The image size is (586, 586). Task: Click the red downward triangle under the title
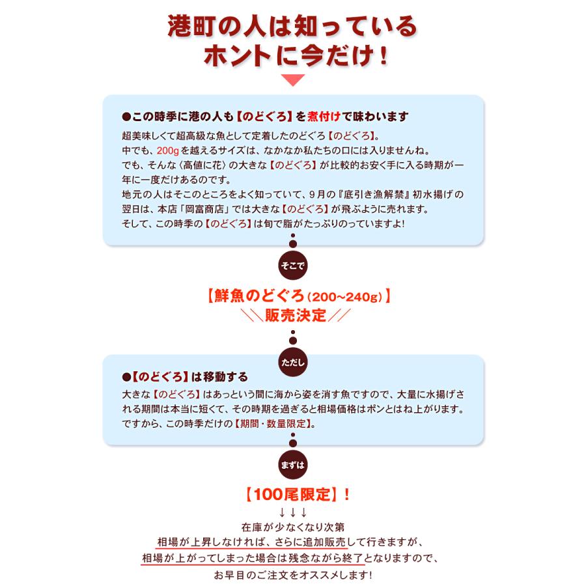click(292, 81)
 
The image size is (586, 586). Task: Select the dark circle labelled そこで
click(292, 266)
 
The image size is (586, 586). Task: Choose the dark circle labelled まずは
click(292, 465)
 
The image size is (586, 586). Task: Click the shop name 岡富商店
click(209, 210)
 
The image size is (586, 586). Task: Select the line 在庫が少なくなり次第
click(292, 525)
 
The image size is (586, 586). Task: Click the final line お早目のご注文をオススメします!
click(292, 575)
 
